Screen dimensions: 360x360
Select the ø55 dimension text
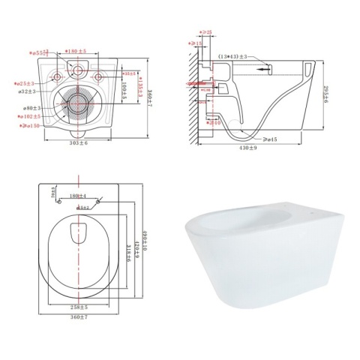[x=38, y=53]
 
